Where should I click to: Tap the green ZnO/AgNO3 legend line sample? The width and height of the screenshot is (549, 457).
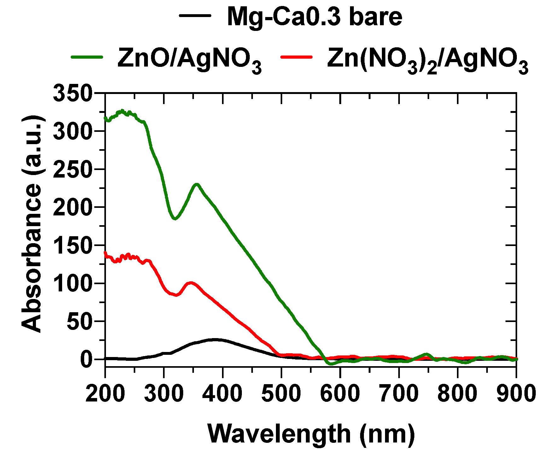click(87, 57)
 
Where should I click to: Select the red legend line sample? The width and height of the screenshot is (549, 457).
click(296, 57)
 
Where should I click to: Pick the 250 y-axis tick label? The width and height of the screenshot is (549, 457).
click(73, 169)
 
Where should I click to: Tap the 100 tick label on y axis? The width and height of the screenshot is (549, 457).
click(73, 284)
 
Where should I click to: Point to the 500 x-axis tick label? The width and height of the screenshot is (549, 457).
click(281, 394)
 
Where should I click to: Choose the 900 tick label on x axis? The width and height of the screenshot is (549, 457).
click(516, 394)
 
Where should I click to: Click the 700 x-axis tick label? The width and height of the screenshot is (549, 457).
click(399, 394)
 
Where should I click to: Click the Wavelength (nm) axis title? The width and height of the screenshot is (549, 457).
click(311, 434)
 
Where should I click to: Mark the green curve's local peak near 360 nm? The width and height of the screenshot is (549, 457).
click(197, 185)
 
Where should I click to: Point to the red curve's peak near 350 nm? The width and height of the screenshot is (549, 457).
click(190, 283)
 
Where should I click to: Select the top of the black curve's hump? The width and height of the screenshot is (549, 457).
click(215, 340)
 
